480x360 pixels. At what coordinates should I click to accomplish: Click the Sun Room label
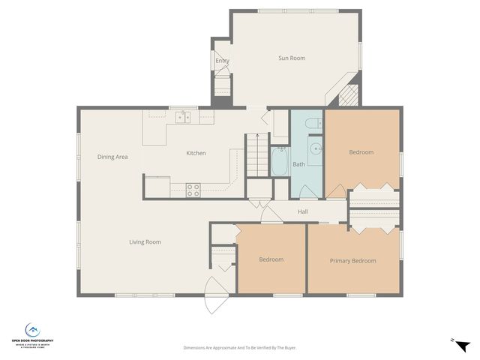(292, 58)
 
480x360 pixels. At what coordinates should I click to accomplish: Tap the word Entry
(222, 61)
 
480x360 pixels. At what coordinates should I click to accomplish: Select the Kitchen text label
(196, 153)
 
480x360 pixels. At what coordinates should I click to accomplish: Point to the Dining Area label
(112, 157)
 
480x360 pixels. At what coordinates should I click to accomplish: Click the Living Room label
(145, 241)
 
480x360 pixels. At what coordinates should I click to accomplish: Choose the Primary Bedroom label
(352, 261)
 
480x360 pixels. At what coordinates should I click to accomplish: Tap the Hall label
(303, 211)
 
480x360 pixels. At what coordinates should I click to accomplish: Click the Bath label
(298, 164)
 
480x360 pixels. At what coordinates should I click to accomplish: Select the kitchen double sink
(182, 117)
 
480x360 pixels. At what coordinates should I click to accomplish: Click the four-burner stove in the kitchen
(193, 190)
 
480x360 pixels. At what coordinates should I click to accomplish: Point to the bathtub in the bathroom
(280, 161)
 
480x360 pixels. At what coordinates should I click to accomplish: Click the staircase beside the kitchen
(256, 153)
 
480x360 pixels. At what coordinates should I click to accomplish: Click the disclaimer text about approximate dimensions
(239, 348)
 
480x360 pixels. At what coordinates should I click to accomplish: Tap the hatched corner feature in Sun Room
(349, 95)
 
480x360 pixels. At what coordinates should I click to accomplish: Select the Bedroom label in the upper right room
(361, 152)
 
